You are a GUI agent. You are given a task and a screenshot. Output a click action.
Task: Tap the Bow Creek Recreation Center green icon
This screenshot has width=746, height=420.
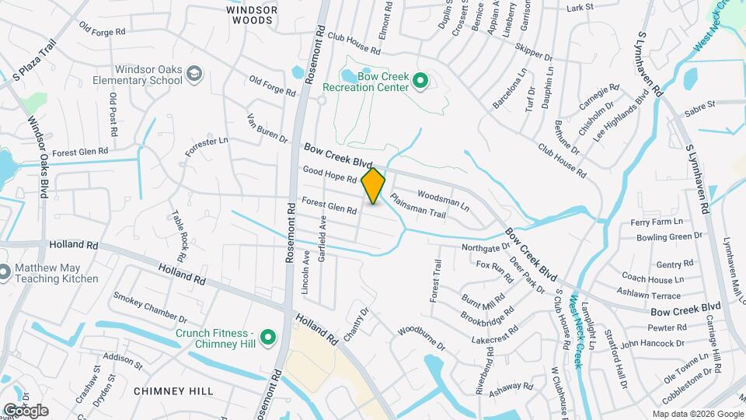[x=420, y=80]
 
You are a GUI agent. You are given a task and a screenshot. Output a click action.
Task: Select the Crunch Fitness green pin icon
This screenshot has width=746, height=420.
[x=268, y=338]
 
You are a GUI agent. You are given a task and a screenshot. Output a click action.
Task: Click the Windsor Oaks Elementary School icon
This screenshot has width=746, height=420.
[x=193, y=75]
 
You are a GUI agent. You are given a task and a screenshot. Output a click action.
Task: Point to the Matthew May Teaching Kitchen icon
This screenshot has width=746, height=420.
[x=4, y=272]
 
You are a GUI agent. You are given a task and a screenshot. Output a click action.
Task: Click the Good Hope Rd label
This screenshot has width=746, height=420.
[x=329, y=174]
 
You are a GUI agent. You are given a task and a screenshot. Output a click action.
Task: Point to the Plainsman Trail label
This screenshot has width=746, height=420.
[x=417, y=206]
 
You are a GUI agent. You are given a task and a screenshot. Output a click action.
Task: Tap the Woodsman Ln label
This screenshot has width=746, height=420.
[x=444, y=201]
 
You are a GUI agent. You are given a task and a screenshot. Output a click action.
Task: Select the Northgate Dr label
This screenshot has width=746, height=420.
[x=484, y=248]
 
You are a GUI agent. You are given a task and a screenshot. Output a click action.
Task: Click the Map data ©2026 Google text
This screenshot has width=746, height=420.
[x=698, y=414]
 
